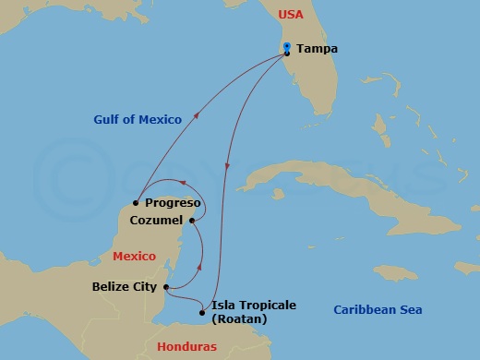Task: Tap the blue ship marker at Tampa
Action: (288, 46)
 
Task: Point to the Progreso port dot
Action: (136, 202)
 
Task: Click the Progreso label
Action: (173, 203)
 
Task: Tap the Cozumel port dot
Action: (192, 220)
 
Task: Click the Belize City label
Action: (125, 287)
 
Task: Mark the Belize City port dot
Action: (165, 287)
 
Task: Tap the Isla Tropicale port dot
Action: (202, 312)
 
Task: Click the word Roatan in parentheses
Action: (239, 319)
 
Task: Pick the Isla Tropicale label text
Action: (254, 305)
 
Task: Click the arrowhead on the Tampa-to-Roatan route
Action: (227, 166)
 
